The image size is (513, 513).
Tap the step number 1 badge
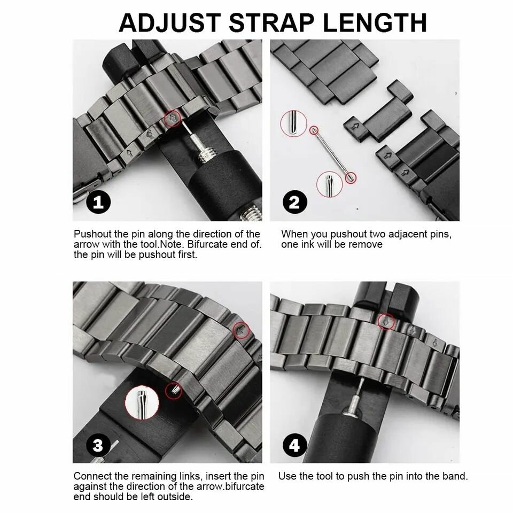point(98,203)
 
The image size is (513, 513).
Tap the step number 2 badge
point(294,203)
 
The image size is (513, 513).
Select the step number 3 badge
point(98,445)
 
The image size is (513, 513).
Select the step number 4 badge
point(294,445)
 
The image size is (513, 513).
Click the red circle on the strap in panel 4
point(386,321)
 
